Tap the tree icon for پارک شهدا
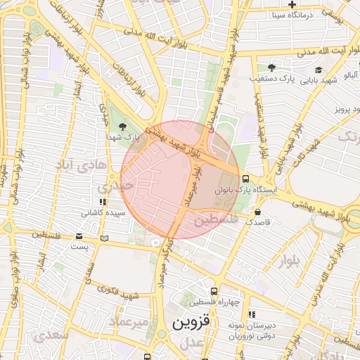coord(124,127)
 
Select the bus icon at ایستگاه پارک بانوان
coord(245,179)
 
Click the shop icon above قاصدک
coord(257,211)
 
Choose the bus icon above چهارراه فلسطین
coord(214,291)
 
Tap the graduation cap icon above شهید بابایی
coord(319,70)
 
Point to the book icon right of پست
coord(105,238)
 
